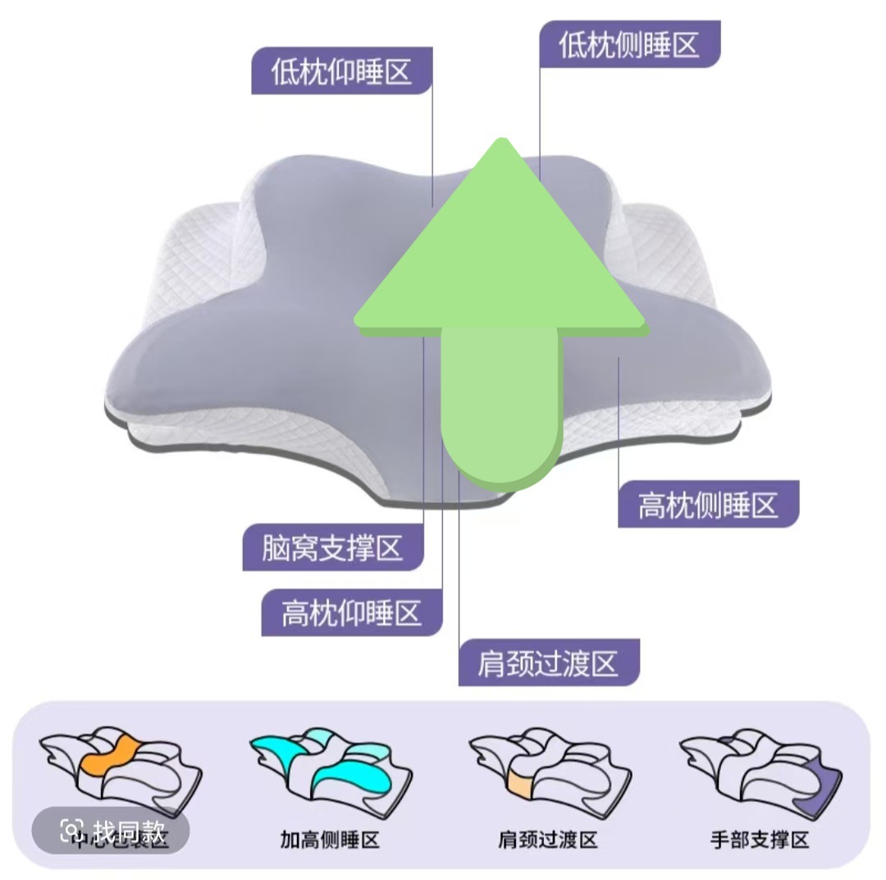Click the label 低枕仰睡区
pyautogui.click(x=341, y=71)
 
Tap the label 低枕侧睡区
pyautogui.click(x=629, y=44)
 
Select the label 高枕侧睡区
pyautogui.click(x=708, y=503)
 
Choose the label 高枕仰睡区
pyautogui.click(x=352, y=612)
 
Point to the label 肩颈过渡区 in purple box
pyautogui.click(x=548, y=662)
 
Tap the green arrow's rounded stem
pyautogui.click(x=500, y=410)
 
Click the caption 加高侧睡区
pyautogui.click(x=329, y=840)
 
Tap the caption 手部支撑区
pyautogui.click(x=760, y=840)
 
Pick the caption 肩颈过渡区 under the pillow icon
pyautogui.click(x=547, y=840)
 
